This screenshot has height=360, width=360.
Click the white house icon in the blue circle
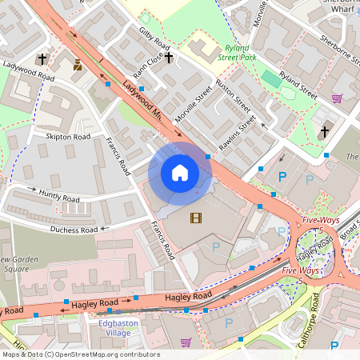coord(180,173)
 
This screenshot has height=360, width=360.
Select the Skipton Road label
coord(68,137)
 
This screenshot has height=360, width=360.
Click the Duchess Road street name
coord(73,230)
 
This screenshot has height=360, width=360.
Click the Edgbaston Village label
coord(118,329)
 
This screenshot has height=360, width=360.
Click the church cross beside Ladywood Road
coord(42,58)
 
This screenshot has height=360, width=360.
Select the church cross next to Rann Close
coord(169,58)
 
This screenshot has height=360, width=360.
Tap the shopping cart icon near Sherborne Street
coord(337,99)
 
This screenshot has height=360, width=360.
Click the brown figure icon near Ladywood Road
coord(78,65)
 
